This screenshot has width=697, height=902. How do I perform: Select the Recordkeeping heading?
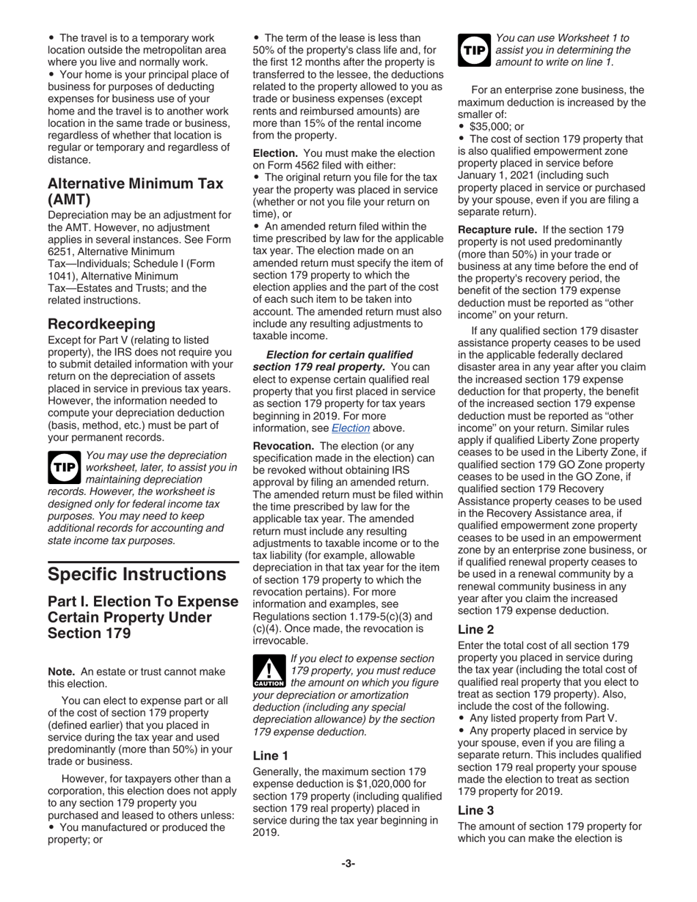point(101,323)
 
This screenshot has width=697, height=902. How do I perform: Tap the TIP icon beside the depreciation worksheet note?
point(64,467)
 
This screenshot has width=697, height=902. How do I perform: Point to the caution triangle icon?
point(268,670)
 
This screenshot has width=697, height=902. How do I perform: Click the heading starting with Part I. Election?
point(142,617)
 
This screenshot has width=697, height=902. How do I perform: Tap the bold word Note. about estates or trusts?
point(62,671)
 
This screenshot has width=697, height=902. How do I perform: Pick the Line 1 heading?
point(270,755)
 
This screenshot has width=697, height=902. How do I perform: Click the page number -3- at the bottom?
point(348,863)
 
